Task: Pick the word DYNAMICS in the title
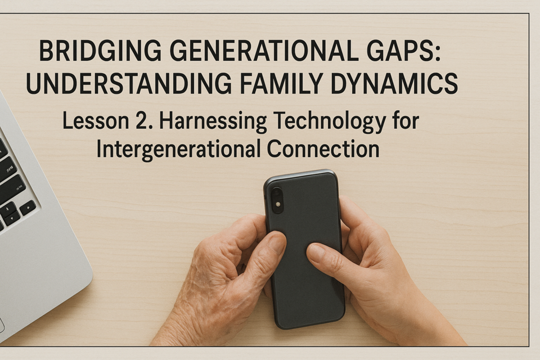[394, 83]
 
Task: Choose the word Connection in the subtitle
[323, 149]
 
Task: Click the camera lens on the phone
[277, 195]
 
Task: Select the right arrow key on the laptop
[28, 208]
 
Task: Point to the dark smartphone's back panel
[305, 249]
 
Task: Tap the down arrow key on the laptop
[12, 218]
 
